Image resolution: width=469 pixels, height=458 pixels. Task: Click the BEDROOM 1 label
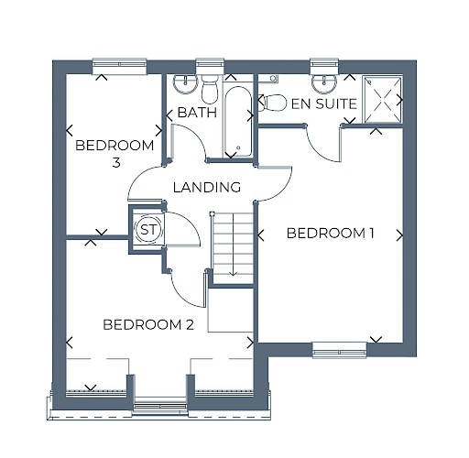(x=331, y=234)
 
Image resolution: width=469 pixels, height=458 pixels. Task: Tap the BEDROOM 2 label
(x=148, y=324)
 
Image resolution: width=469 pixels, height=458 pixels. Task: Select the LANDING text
(x=207, y=187)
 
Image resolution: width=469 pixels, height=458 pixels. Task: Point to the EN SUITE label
(x=324, y=104)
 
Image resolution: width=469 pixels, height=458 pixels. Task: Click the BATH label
(x=197, y=113)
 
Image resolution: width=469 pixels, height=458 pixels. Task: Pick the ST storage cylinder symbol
(x=148, y=229)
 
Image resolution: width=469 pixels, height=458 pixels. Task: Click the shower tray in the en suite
(x=382, y=100)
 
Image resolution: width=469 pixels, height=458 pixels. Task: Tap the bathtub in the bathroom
(x=238, y=122)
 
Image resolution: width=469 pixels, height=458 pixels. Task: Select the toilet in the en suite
(x=272, y=103)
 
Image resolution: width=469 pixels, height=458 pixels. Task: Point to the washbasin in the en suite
(x=324, y=83)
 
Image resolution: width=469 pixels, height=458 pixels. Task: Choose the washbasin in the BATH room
(x=185, y=83)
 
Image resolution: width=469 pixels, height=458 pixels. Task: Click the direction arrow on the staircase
(x=234, y=245)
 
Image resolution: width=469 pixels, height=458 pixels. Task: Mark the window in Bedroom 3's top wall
(x=119, y=66)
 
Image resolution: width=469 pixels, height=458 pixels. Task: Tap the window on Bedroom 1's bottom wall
(x=340, y=350)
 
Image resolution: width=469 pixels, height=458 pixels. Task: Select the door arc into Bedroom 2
(x=182, y=294)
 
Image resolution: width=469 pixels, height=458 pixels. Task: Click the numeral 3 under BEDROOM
(x=116, y=163)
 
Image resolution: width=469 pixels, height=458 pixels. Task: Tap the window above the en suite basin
(x=325, y=65)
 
